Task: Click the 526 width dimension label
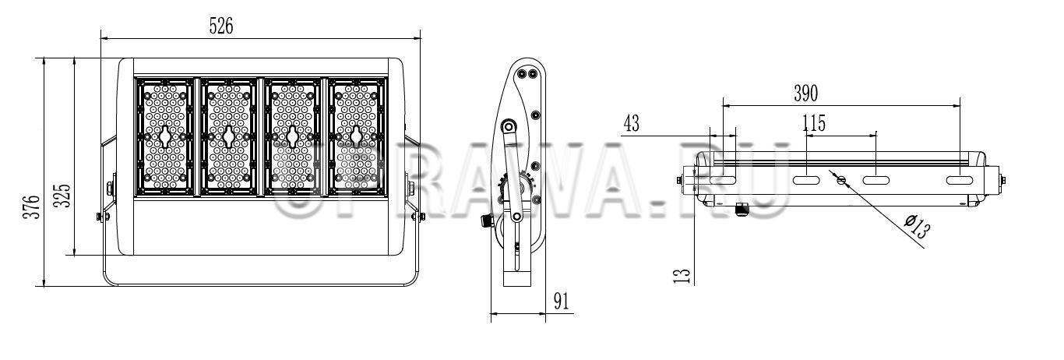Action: tap(221, 26)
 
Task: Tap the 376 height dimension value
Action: tap(32, 207)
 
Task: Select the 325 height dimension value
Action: tap(62, 196)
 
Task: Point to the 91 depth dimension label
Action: tap(561, 301)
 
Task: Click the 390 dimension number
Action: tap(806, 93)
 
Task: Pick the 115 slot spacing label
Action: tap(814, 123)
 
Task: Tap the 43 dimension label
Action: tap(631, 123)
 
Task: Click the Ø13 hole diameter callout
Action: tap(916, 227)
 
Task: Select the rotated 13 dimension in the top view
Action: tap(682, 276)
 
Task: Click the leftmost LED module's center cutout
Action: tap(165, 137)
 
